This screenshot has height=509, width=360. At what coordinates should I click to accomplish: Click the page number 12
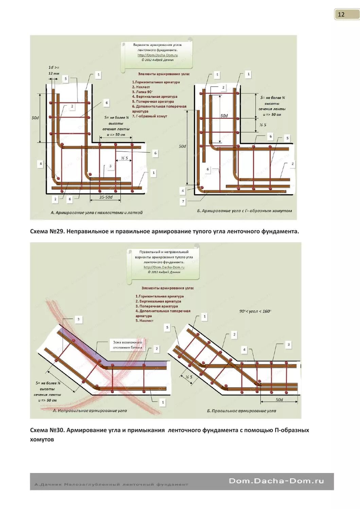[x=341, y=14]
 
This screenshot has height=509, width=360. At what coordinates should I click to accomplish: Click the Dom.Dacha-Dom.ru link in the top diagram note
[x=157, y=55]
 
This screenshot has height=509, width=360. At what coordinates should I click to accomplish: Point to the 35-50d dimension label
[x=106, y=197]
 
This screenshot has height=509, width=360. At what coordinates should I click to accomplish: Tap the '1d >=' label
[x=54, y=68]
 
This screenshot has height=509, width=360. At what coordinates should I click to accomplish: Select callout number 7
[x=183, y=201]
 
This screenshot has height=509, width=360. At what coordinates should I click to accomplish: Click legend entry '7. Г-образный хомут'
[x=149, y=116]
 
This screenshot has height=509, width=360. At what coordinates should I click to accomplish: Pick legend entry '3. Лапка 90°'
[x=142, y=92]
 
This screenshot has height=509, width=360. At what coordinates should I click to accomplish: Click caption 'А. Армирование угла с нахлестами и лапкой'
[x=96, y=213]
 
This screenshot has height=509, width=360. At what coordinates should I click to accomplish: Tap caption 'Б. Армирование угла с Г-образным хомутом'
[x=245, y=211]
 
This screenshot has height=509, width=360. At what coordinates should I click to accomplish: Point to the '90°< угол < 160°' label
[x=255, y=311]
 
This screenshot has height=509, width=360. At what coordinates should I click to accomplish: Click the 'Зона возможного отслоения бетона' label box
[x=127, y=345]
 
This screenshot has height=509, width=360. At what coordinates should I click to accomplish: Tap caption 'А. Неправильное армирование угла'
[x=90, y=411]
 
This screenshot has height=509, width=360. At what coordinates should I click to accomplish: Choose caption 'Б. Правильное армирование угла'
[x=241, y=411]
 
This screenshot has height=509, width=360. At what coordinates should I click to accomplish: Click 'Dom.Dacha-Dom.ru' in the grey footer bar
[x=276, y=481]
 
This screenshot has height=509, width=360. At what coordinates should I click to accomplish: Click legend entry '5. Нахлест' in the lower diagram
[x=144, y=321]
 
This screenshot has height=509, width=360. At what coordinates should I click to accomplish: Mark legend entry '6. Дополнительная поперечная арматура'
[x=159, y=109]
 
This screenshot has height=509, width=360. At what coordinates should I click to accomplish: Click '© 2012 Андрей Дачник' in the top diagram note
[x=157, y=60]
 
